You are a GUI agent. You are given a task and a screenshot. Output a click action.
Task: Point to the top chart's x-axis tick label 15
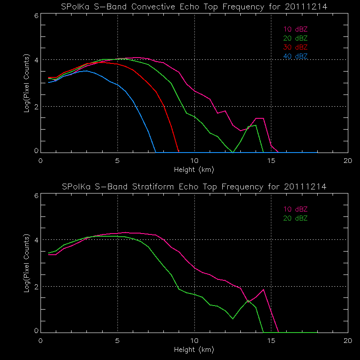tap(271, 161)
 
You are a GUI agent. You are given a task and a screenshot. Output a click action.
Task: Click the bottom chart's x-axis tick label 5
tap(117, 340)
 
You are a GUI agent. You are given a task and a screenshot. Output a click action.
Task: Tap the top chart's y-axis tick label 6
tap(36, 15)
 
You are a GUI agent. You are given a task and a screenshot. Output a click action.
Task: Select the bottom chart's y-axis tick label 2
tap(36, 286)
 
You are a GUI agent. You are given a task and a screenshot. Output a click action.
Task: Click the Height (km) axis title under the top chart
tap(194, 170)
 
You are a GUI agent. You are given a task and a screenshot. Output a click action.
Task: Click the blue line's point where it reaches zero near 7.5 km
tap(156, 152)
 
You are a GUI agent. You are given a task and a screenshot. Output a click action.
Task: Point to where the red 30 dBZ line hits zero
tap(179, 152)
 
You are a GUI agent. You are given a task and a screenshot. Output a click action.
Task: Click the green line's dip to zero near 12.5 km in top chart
tap(233, 152)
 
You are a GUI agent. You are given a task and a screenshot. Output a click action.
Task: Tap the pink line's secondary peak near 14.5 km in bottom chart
tap(263, 289)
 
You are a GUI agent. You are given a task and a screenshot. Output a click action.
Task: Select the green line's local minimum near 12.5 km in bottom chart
tap(233, 319)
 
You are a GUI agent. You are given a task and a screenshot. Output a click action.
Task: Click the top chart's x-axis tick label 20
tap(347, 161)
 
